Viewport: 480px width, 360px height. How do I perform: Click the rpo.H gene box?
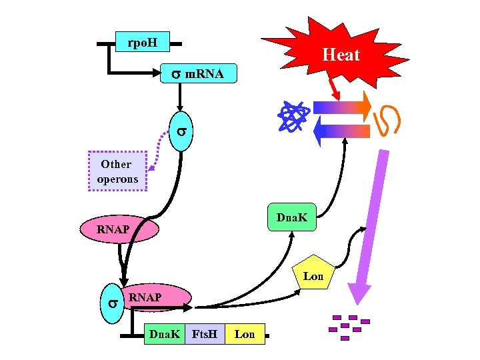coord(142,43)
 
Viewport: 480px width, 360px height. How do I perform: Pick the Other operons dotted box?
coord(117,171)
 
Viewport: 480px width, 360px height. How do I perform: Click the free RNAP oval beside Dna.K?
coord(120,230)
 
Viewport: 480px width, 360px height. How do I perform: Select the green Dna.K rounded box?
coord(291,217)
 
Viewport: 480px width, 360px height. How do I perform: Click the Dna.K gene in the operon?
coord(164,333)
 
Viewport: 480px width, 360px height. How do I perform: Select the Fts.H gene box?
coord(205,333)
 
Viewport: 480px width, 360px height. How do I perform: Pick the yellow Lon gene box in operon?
coord(245,333)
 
